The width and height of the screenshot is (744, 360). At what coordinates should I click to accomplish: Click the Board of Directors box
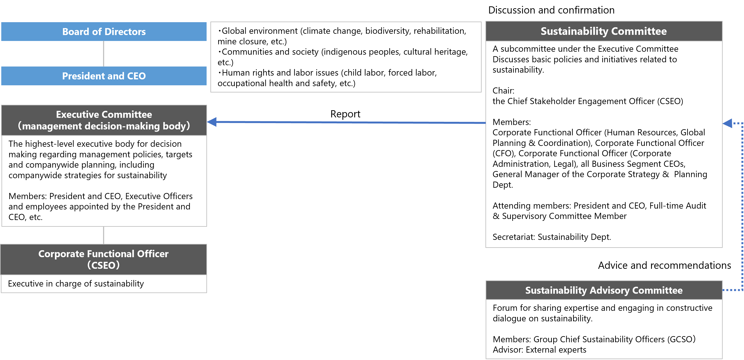[x=104, y=31]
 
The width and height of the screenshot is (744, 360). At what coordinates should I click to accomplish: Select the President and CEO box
[x=104, y=76]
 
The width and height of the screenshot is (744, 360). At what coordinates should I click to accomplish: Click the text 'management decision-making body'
[x=104, y=126]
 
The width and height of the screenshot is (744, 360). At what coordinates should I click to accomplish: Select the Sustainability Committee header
[x=604, y=31]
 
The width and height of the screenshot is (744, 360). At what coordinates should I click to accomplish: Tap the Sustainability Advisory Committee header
[x=604, y=290]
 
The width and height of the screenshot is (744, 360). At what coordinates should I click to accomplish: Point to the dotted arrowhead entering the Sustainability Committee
[x=728, y=123]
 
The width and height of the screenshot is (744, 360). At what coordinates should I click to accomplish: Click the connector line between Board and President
[x=103, y=54]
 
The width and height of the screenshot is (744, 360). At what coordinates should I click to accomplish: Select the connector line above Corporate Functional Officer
[x=103, y=235]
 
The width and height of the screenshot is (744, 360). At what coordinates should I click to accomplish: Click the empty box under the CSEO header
[x=104, y=284]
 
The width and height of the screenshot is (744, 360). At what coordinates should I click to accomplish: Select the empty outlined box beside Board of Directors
[x=346, y=57]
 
